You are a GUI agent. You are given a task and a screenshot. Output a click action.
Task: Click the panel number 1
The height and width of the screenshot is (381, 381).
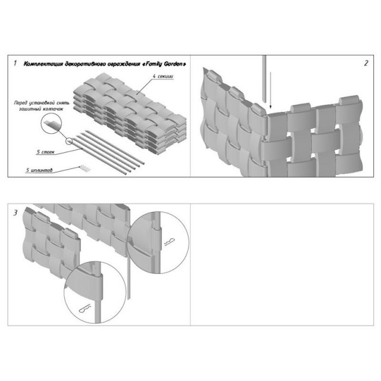click(x=15, y=63)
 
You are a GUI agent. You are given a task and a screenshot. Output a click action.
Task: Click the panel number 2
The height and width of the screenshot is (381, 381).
click(x=366, y=63)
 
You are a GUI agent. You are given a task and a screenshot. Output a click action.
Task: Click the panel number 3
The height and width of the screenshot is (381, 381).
click(x=15, y=213)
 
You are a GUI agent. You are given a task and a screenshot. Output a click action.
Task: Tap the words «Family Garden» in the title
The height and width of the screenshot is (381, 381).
click(x=164, y=64)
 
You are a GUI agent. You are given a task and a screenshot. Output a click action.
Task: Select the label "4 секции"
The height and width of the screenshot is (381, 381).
click(x=163, y=76)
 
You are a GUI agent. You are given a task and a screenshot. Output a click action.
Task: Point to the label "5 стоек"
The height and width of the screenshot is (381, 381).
click(x=45, y=152)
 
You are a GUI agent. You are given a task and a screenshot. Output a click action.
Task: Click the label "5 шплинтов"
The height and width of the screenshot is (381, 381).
click(x=39, y=170)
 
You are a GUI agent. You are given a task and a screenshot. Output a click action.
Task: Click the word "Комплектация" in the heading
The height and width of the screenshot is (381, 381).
click(x=43, y=64)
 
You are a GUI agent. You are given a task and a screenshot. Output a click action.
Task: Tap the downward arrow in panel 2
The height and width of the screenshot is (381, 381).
click(x=270, y=90)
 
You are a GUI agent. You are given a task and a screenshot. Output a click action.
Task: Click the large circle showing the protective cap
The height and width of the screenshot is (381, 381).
click(x=51, y=123)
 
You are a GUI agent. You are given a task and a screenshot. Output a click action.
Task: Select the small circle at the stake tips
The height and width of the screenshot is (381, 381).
click(x=69, y=141)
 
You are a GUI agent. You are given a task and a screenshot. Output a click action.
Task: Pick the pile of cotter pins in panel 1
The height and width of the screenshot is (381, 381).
click(x=85, y=168)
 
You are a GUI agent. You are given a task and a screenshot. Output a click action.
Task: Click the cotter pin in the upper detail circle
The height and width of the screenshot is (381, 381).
click(x=169, y=242)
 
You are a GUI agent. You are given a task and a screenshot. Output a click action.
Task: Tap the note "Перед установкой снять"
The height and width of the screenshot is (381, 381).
click(x=42, y=103)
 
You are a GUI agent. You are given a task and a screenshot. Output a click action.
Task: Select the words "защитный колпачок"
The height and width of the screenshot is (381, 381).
click(x=41, y=109)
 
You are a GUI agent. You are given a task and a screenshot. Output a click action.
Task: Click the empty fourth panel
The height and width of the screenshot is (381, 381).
click(x=282, y=264)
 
